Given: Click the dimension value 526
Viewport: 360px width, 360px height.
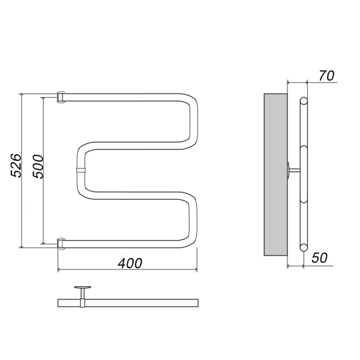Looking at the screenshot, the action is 16,166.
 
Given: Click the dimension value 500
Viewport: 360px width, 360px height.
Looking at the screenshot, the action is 38,166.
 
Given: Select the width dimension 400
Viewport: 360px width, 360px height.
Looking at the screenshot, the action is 130,263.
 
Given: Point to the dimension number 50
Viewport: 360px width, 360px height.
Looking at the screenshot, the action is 319,258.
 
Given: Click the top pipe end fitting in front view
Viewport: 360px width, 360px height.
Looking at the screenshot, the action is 61,97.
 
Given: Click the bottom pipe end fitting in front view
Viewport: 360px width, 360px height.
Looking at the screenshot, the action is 61,244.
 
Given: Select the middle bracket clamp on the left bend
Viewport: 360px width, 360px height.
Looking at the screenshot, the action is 80,170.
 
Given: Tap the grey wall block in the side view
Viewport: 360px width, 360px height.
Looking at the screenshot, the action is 275,175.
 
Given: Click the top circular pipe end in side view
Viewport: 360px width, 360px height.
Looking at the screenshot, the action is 304,101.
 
